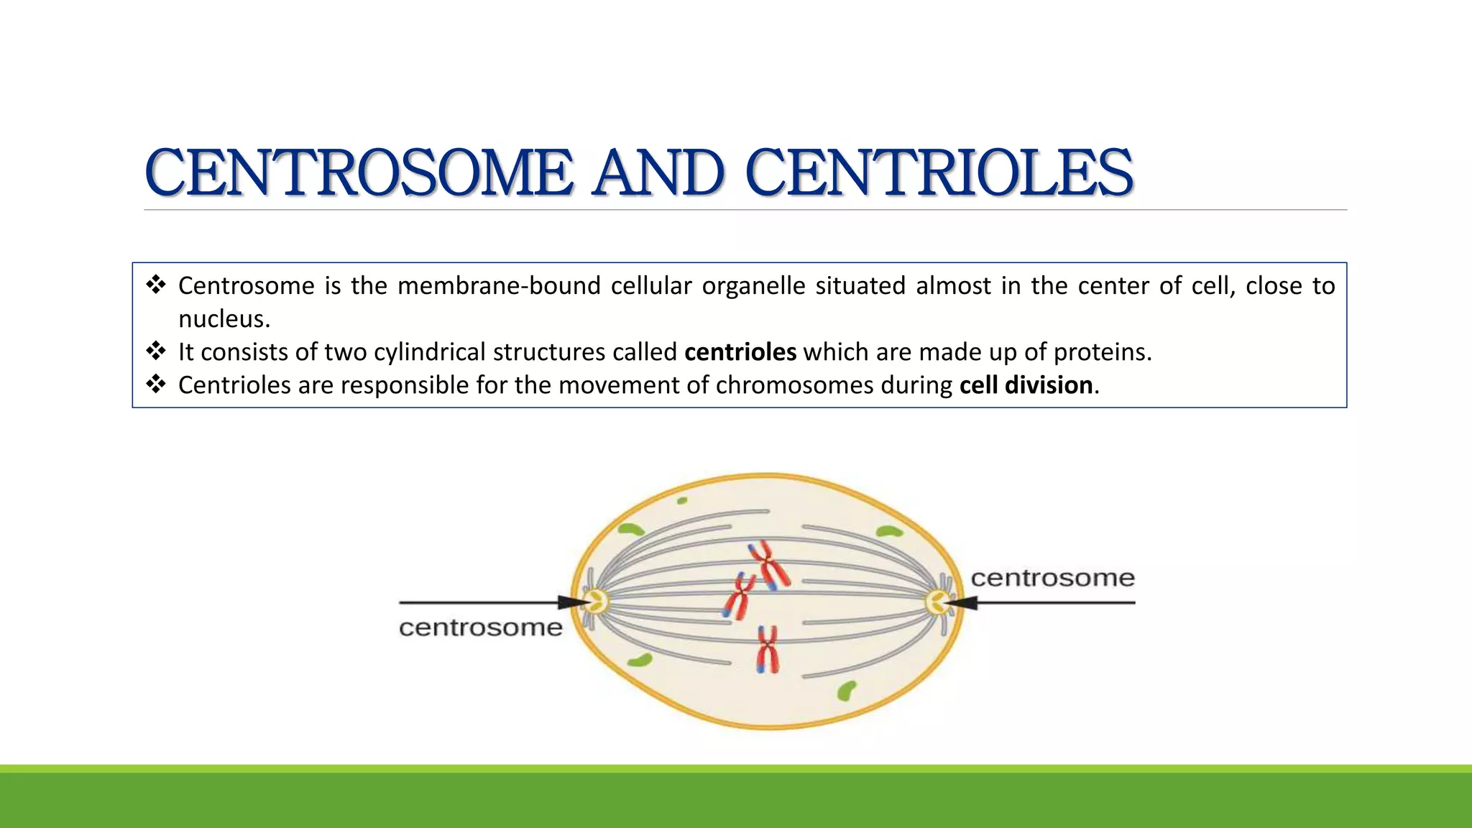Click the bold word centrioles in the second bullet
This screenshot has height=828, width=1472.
740,352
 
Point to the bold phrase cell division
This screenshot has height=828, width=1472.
1026,385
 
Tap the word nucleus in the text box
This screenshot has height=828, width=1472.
223,319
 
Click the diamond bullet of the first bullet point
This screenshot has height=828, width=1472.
155,285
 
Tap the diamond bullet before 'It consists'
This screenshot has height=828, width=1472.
155,351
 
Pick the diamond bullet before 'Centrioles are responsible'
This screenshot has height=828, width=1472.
155,385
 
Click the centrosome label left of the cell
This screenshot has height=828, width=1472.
480,627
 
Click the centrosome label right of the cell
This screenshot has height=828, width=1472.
1052,578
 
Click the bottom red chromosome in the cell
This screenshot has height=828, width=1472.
767,649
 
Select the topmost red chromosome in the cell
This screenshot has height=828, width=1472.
769,565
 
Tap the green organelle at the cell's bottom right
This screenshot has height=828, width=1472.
847,691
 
